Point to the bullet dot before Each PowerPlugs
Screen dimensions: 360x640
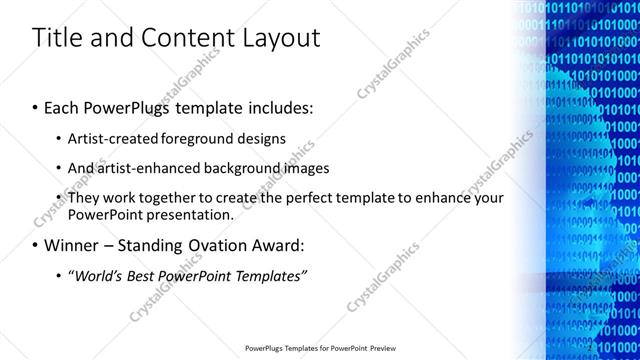click(x=36, y=106)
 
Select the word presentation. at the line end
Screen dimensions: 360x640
click(x=193, y=214)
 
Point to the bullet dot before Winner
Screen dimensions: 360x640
click(x=36, y=245)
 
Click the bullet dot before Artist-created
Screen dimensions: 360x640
click(x=59, y=138)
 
